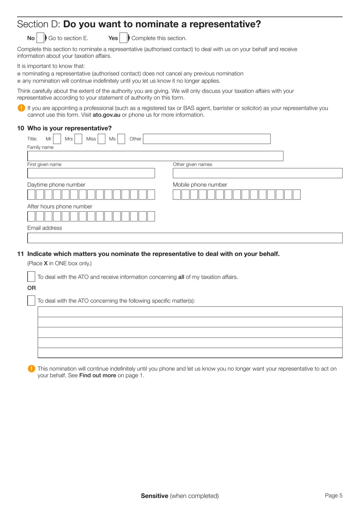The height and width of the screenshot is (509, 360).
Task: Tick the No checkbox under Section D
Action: coord(41,38)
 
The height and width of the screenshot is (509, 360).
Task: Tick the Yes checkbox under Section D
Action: coord(124,38)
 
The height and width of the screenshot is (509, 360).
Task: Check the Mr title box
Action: coord(57,139)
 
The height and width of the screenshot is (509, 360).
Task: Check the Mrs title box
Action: coord(78,139)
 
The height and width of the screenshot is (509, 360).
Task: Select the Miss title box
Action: coord(101,139)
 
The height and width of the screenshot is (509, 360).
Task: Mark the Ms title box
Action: coord(121,139)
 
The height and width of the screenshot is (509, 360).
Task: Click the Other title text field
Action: coord(207,139)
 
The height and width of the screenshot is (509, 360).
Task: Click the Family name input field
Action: coord(155,156)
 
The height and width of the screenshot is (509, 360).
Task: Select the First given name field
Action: coord(91,173)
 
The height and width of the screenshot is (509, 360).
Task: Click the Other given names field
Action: coord(257,173)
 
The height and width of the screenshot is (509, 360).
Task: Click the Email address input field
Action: coord(185,238)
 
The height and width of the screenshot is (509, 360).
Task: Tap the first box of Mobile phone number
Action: coord(177,195)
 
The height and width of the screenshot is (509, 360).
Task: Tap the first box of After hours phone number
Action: coord(31,216)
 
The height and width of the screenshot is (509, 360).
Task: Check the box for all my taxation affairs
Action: coord(31,276)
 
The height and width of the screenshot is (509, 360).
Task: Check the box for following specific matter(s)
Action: coord(31,300)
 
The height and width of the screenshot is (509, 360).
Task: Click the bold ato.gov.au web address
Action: coord(106,115)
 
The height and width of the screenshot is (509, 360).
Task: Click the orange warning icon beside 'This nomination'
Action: coord(31,369)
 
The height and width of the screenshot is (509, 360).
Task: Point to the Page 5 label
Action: coord(333,495)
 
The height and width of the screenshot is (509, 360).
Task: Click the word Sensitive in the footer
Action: coord(154,496)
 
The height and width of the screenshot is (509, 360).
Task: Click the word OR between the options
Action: coord(31,288)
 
